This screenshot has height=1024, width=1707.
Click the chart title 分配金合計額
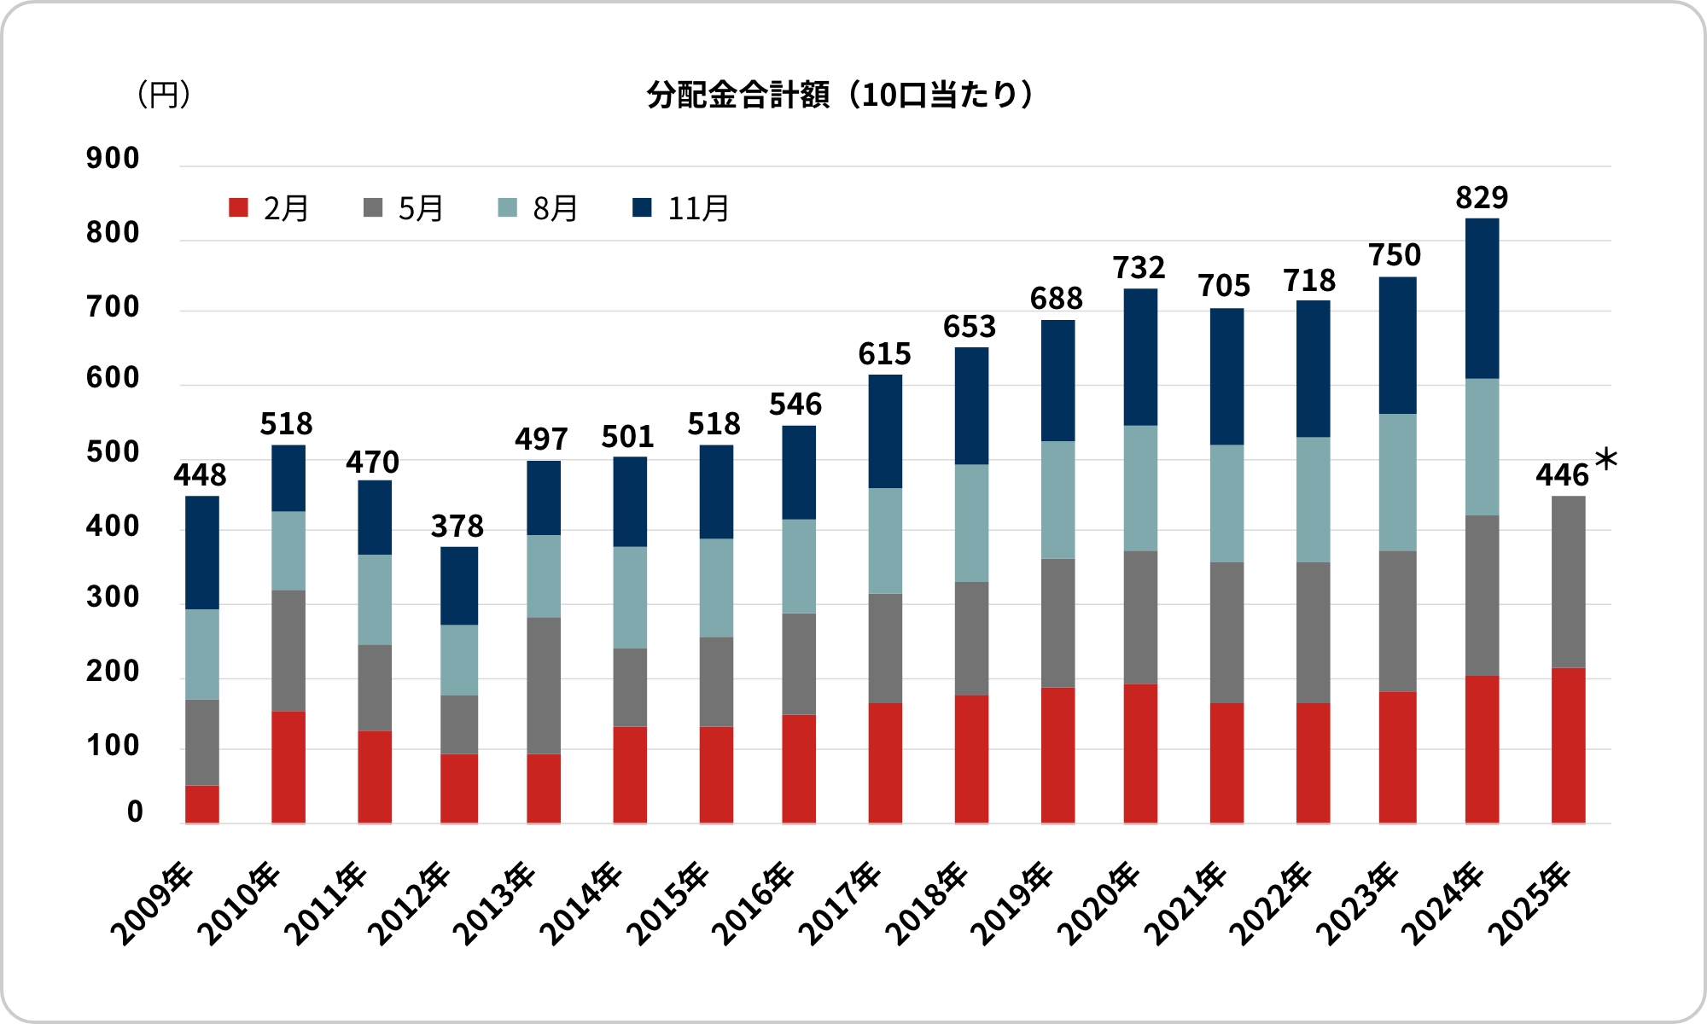tap(841, 95)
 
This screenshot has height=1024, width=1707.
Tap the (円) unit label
tap(163, 94)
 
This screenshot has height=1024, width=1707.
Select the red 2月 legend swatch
tap(238, 207)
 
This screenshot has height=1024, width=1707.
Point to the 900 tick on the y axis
tap(113, 159)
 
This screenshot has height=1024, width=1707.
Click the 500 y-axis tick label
tap(113, 452)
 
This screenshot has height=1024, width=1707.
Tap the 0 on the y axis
tap(135, 812)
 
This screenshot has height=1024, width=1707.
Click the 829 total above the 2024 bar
tap(1482, 198)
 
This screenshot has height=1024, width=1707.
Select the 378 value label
tap(457, 527)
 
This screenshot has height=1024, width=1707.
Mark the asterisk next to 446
tap(1605, 461)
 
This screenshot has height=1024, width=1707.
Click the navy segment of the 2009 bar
tap(202, 552)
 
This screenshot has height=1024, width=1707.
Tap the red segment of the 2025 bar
tap(1568, 745)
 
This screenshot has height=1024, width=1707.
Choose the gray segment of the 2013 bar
tap(544, 685)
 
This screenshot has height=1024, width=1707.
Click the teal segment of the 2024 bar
tap(1482, 446)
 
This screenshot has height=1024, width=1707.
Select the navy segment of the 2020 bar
tap(1140, 357)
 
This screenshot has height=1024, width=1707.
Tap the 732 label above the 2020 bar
tap(1139, 268)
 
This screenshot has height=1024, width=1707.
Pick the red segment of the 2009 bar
tap(202, 804)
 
